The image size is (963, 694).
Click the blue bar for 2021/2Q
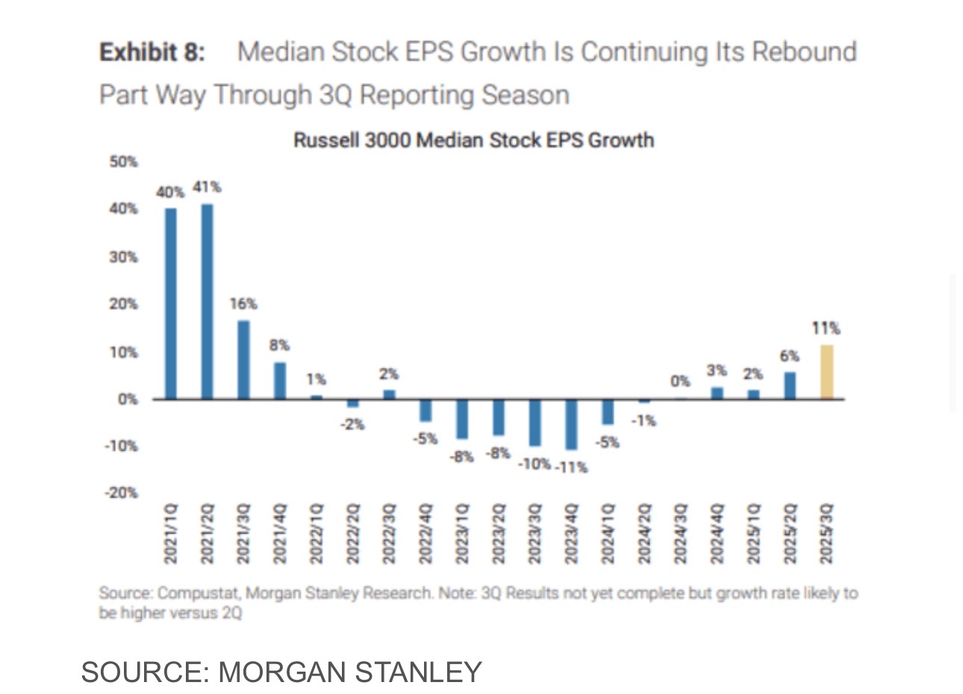pyautogui.click(x=207, y=301)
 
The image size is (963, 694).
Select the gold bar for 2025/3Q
pyautogui.click(x=826, y=372)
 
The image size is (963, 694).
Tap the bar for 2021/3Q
pyautogui.click(x=243, y=360)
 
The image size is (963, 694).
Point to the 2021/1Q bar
pyautogui.click(x=171, y=304)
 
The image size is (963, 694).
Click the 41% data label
pyautogui.click(x=207, y=187)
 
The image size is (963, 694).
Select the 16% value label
pyautogui.click(x=243, y=304)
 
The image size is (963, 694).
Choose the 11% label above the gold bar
pyautogui.click(x=826, y=328)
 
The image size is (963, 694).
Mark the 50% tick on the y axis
pyautogui.click(x=124, y=161)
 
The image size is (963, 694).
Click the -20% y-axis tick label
pyautogui.click(x=122, y=493)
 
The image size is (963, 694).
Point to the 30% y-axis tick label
pyautogui.click(x=124, y=257)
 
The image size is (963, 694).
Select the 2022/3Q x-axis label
pyautogui.click(x=389, y=534)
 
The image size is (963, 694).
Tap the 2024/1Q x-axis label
pyautogui.click(x=608, y=534)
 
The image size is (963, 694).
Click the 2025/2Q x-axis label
pyautogui.click(x=790, y=534)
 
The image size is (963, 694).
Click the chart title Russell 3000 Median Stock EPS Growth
pyautogui.click(x=473, y=140)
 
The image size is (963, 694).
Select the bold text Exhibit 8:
pyautogui.click(x=152, y=52)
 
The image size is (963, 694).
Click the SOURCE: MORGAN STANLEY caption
pyautogui.click(x=281, y=672)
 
